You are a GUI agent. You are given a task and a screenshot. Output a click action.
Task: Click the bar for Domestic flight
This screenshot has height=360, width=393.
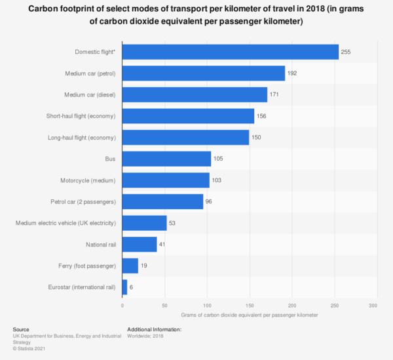230,52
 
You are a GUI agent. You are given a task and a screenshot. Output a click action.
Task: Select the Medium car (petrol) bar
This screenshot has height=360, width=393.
203,73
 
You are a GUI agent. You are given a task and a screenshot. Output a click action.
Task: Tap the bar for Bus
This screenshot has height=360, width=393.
166,159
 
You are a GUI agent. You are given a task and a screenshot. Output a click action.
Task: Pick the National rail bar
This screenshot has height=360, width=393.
140,244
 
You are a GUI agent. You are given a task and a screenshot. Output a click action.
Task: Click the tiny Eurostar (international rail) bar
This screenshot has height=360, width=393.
124,287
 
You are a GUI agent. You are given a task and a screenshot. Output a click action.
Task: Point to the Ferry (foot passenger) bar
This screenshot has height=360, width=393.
130,266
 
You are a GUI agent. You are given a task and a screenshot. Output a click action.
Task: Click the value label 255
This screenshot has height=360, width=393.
346,52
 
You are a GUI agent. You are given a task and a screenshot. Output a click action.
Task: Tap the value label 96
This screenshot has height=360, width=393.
209,201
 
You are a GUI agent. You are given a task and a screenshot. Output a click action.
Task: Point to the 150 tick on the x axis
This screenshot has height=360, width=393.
250,306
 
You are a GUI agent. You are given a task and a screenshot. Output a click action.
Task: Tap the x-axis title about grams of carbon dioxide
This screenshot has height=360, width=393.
250,315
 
